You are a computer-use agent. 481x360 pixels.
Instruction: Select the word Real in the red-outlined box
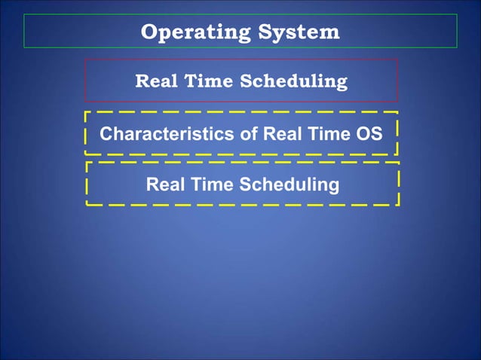tap(155, 81)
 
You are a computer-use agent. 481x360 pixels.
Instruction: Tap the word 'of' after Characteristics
tap(250, 134)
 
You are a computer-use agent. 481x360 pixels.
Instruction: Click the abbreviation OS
tap(369, 134)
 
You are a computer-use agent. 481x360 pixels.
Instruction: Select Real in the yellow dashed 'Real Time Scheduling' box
tap(164, 184)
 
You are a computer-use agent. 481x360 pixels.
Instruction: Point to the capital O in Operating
tap(149, 32)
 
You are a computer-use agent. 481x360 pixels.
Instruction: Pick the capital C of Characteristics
tap(106, 134)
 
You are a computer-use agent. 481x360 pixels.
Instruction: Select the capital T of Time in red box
tap(188, 81)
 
